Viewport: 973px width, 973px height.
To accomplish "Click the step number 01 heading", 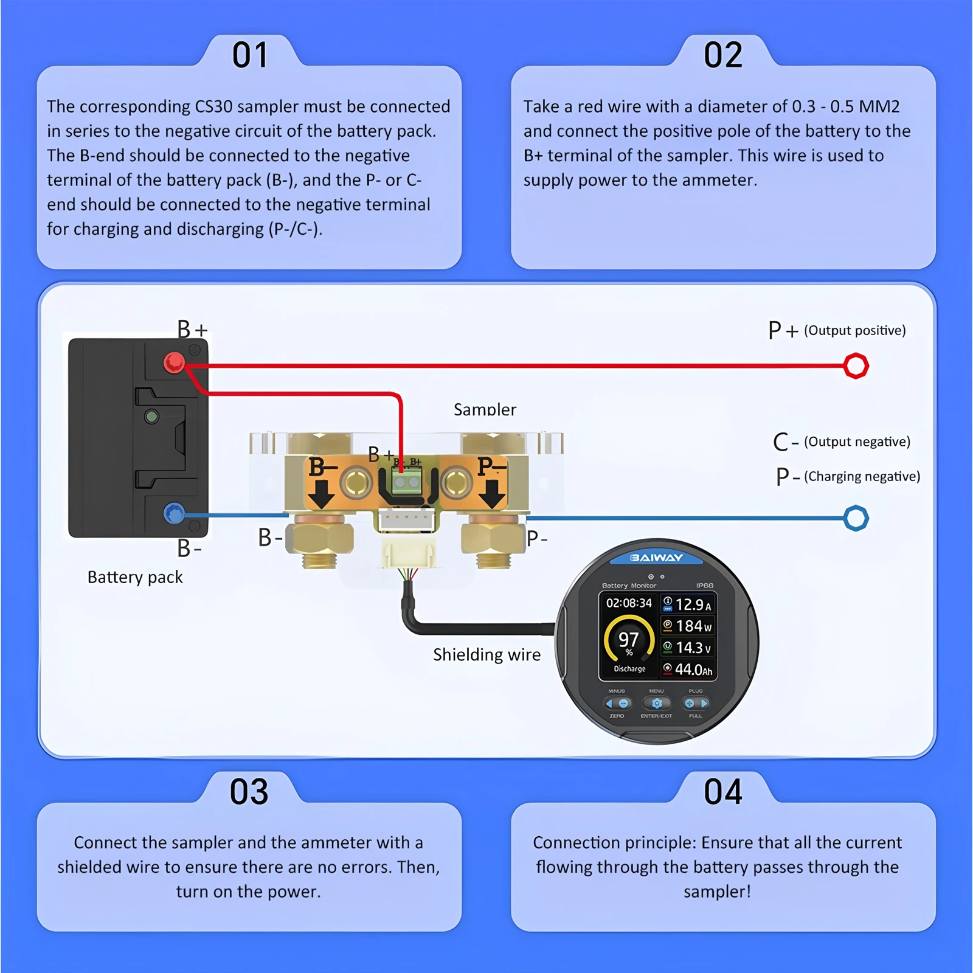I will [250, 55].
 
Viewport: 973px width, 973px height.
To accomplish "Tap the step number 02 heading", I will [723, 55].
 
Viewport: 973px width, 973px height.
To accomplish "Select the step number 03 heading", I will [249, 792].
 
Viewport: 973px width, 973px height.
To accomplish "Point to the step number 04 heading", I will [723, 792].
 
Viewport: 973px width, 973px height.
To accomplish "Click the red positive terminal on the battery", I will [174, 363].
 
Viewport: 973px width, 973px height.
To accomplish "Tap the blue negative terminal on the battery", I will [174, 514].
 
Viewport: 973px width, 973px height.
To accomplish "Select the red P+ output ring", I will [856, 365].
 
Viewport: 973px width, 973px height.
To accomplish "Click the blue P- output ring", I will [856, 518].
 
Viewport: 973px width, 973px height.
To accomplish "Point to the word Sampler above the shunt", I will [485, 409].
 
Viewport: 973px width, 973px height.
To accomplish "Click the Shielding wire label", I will [486, 654].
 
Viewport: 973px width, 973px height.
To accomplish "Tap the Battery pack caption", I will [135, 577].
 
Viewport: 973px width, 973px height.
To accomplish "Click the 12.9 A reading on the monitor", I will [693, 604].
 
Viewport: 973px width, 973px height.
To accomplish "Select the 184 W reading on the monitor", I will [693, 626].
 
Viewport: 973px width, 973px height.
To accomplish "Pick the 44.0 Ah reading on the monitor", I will [693, 670].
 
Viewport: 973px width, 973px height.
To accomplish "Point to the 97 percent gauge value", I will [628, 640].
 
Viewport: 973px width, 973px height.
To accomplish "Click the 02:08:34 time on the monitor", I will [629, 603].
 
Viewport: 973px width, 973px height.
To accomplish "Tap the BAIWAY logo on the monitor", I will [656, 558].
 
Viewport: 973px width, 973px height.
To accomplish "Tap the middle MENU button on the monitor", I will [656, 704].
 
